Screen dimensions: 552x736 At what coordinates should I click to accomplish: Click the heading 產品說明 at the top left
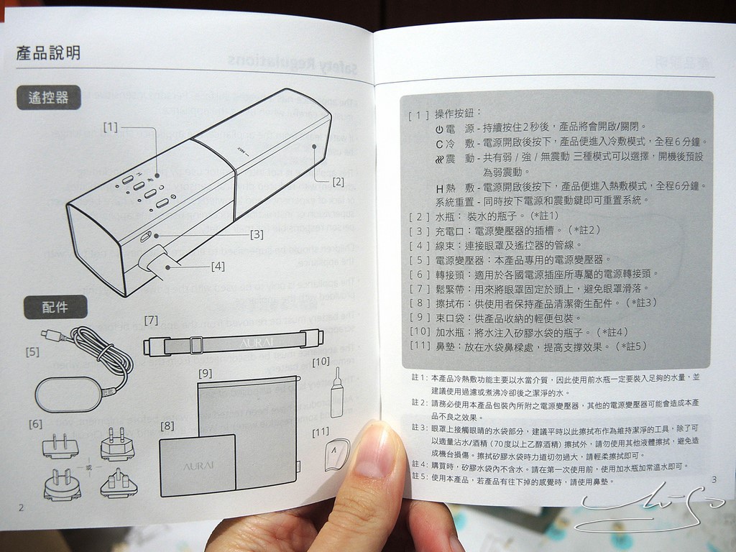click(48, 52)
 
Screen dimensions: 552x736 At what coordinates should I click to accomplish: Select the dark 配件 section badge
click(55, 307)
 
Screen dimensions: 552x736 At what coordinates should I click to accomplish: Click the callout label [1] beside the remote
click(110, 127)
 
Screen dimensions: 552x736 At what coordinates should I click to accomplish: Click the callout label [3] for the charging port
click(257, 234)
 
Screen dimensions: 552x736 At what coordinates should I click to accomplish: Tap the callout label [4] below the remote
click(218, 266)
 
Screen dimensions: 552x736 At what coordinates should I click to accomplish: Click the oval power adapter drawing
click(69, 394)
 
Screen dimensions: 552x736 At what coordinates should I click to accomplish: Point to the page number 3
click(713, 479)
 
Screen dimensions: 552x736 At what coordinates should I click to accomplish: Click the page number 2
click(21, 507)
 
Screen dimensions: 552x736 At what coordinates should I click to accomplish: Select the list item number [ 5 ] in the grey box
click(419, 259)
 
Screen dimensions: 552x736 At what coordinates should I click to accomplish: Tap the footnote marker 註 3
click(418, 428)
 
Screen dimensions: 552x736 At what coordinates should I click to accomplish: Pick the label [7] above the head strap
click(151, 320)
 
